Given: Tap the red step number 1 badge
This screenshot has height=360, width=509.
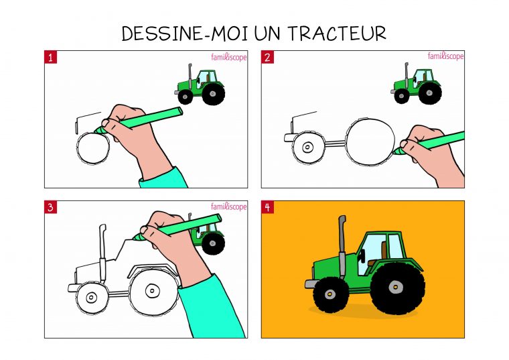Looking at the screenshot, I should pos(51,57).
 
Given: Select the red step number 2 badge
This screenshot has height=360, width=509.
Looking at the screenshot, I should pos(267,57).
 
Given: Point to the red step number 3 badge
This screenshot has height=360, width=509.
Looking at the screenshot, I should pos(51,207).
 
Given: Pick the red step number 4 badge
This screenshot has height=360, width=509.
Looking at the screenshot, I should pos(267,207).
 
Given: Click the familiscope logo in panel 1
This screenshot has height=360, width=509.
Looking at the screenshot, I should pos(229,57).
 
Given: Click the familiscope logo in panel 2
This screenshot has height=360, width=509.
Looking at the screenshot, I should pos(445,57).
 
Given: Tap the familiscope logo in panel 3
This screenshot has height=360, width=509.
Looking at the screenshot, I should pos(229,207).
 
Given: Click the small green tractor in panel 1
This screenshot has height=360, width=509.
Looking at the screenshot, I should pos(200,86).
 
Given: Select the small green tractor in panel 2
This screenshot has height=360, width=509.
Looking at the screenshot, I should pos(417,86).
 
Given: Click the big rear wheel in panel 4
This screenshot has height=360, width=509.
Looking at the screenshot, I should pos(396,288).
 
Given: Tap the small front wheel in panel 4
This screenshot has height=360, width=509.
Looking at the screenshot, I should pos(331,294).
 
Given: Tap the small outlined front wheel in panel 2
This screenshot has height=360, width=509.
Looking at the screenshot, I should pos(308,147).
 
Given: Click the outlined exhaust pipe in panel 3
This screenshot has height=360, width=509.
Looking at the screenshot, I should pos(102,248).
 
